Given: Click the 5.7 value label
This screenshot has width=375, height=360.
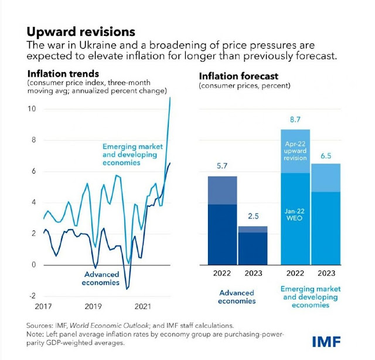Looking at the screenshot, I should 223,166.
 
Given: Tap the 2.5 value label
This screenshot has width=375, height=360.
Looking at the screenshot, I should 251,216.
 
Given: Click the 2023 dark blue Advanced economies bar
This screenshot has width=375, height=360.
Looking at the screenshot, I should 252,249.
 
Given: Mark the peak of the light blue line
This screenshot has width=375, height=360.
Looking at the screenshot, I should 170,98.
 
